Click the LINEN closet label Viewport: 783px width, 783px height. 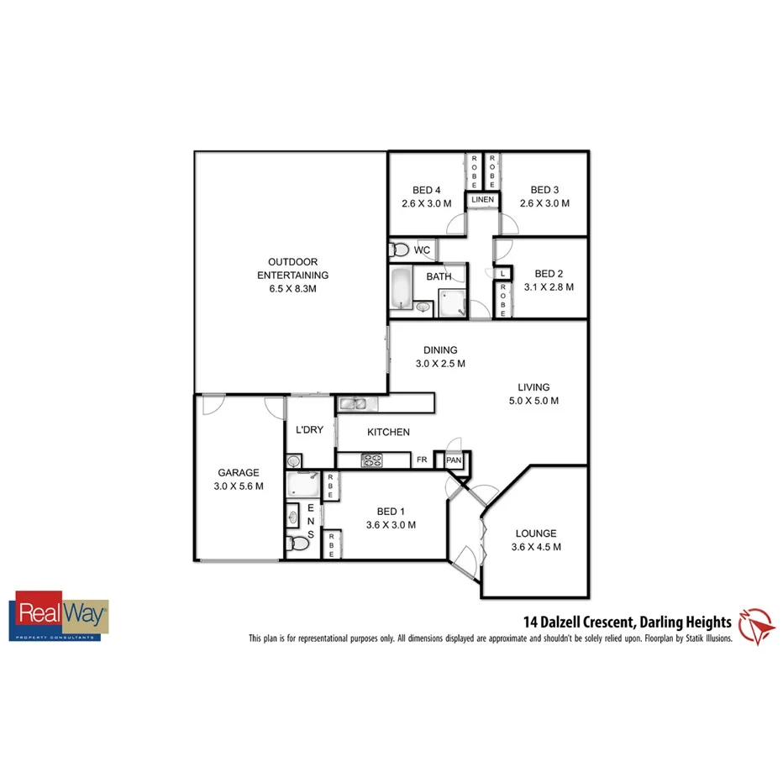click(x=482, y=200)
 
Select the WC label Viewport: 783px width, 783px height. click(x=422, y=250)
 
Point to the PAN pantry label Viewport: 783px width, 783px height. click(x=454, y=460)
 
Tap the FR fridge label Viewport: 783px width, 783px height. click(x=422, y=460)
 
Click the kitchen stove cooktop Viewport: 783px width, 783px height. click(x=372, y=460)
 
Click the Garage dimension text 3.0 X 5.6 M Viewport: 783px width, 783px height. click(x=239, y=486)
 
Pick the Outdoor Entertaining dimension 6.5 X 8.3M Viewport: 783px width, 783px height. click(x=292, y=288)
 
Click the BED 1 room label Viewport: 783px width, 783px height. click(x=391, y=512)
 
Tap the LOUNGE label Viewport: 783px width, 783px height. click(x=535, y=533)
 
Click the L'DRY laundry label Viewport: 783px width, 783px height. click(x=309, y=430)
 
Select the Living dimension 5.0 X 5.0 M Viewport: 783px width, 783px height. click(x=533, y=401)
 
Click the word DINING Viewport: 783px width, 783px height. click(x=440, y=350)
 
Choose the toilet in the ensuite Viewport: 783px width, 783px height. click(x=294, y=543)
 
